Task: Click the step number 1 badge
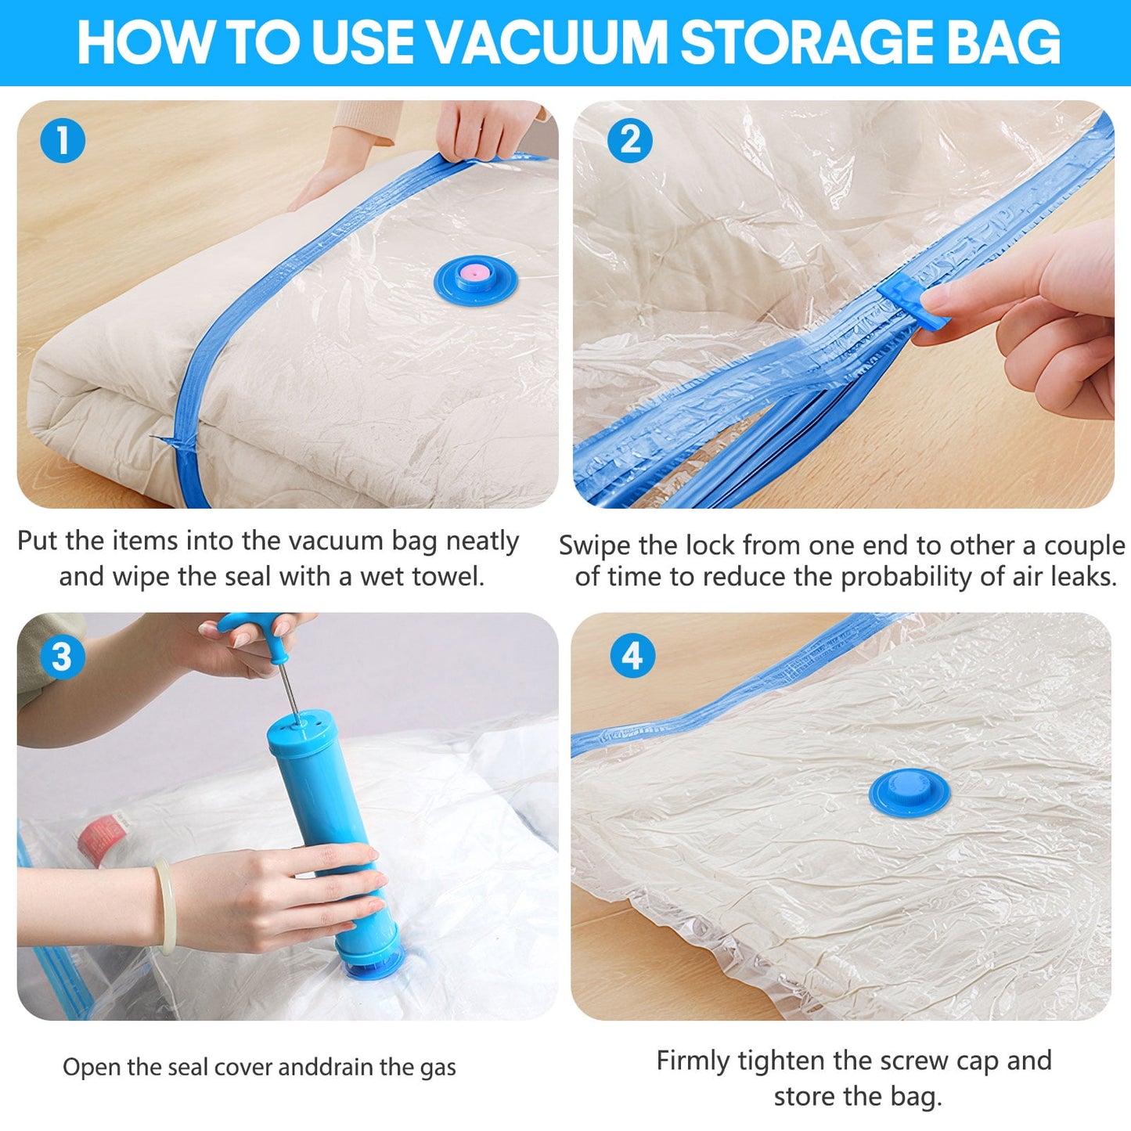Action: [62, 141]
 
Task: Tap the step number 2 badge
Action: [630, 141]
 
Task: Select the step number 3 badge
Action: [62, 656]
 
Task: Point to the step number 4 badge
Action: [632, 656]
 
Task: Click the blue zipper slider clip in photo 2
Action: [915, 301]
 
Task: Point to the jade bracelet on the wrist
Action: [163, 904]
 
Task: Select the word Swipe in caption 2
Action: [595, 545]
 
